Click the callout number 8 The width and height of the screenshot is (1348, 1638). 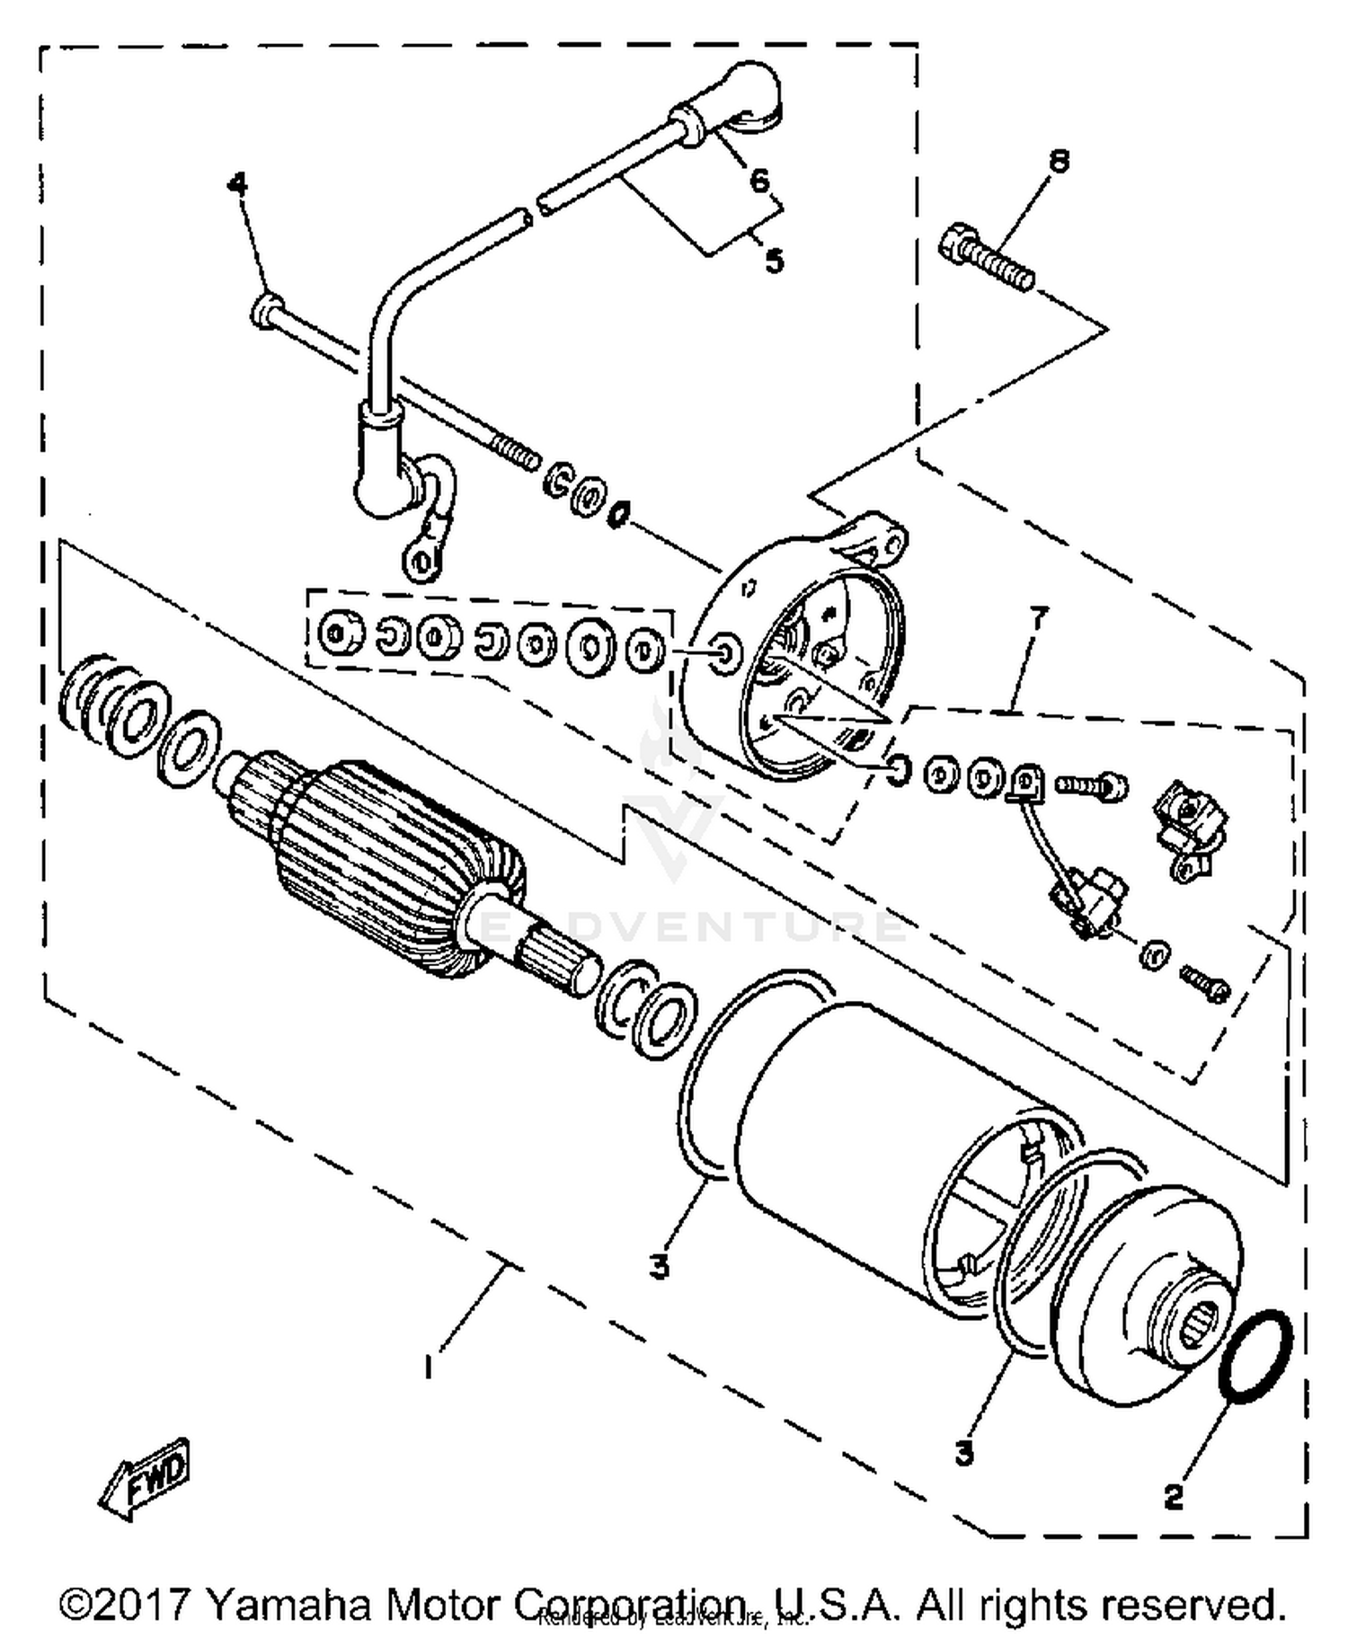(1060, 162)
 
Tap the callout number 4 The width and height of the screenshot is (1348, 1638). (236, 184)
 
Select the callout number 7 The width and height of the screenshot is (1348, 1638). (1038, 619)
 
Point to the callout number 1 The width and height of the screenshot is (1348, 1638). (430, 1368)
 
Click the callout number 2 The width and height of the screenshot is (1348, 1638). (1174, 1497)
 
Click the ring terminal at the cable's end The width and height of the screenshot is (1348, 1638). (421, 562)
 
